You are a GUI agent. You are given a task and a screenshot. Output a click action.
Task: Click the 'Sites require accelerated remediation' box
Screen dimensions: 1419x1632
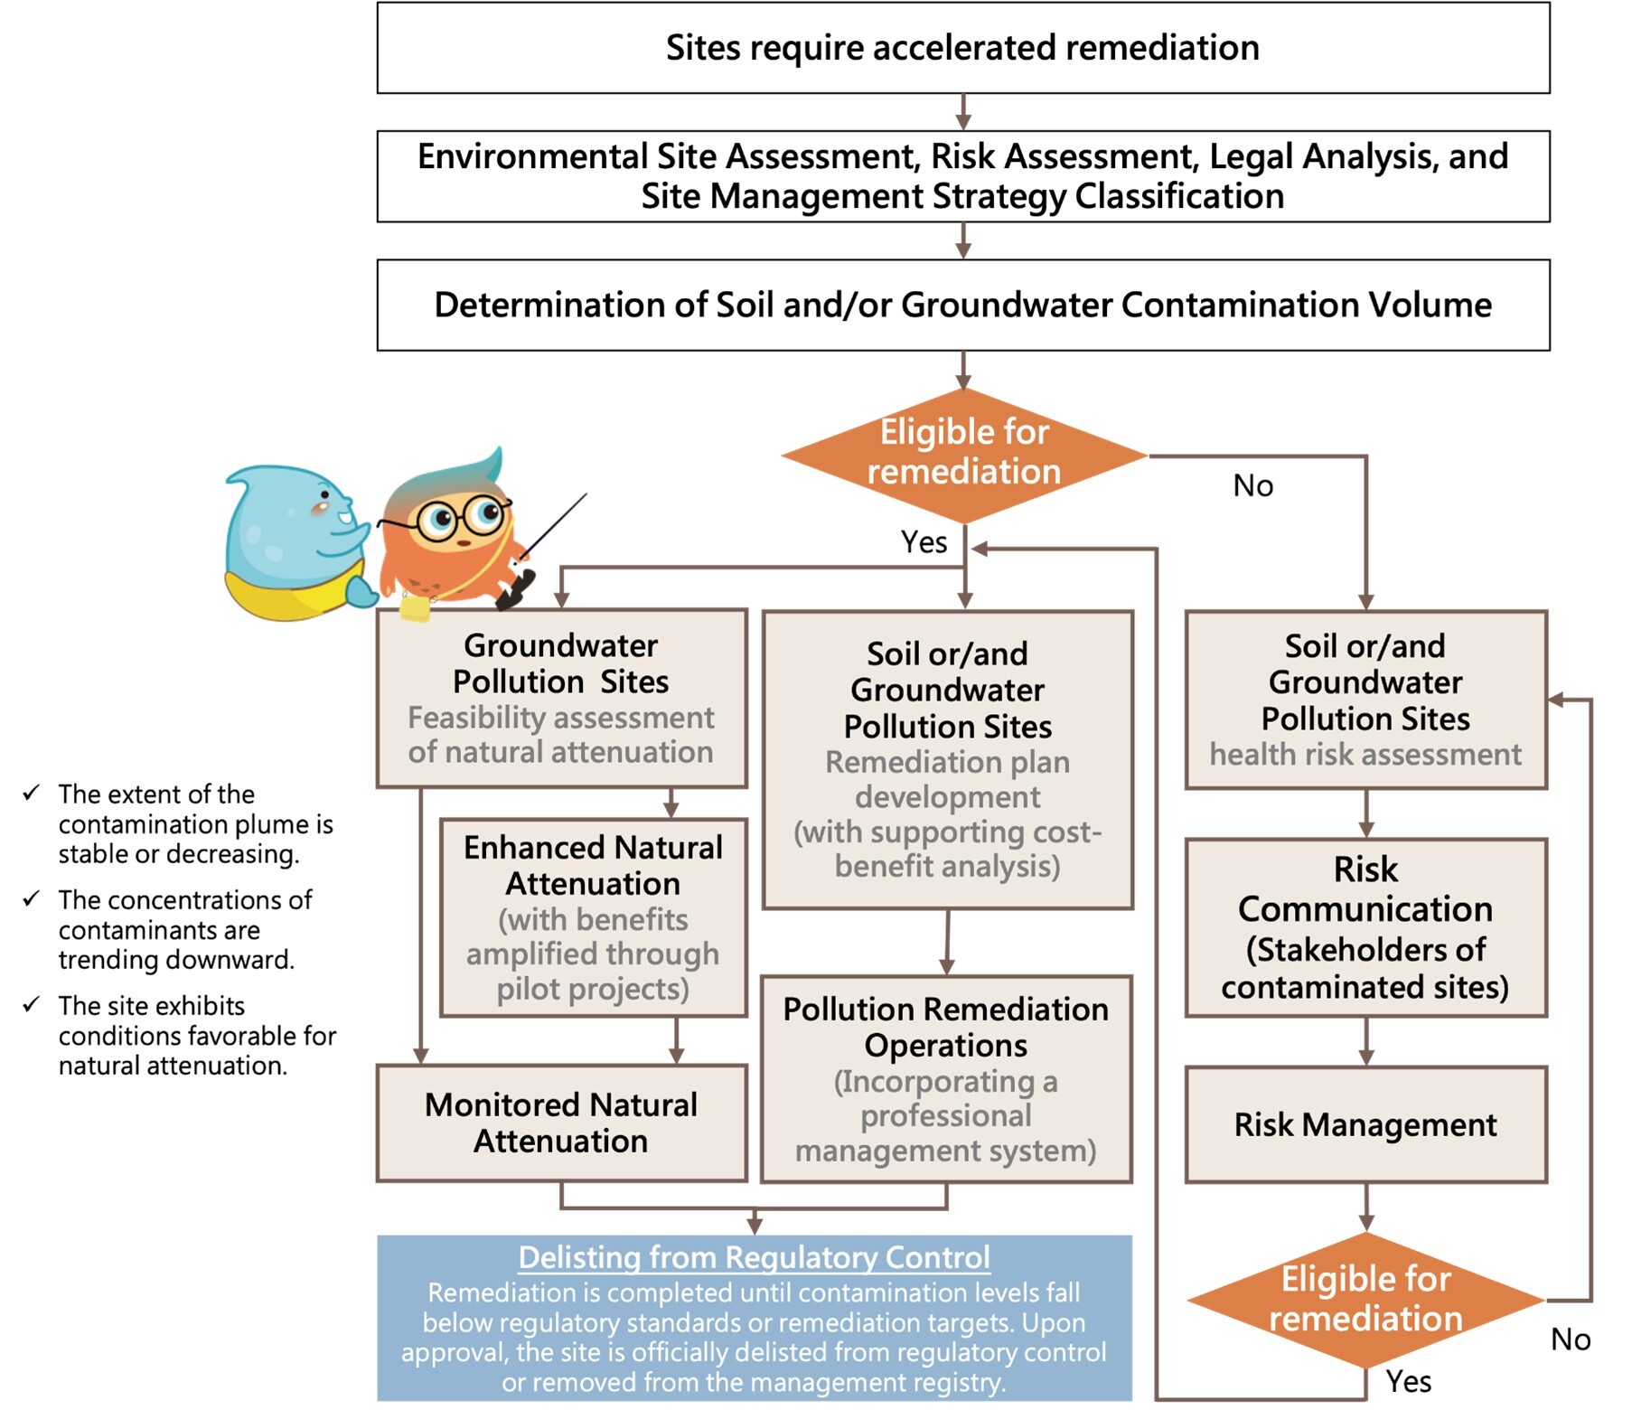pyautogui.click(x=962, y=48)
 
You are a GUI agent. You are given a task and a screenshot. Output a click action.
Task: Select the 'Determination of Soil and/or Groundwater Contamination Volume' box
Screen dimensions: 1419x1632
pyautogui.click(x=962, y=305)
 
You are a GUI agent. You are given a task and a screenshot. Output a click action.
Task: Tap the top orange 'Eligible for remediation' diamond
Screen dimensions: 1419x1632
pyautogui.click(x=963, y=455)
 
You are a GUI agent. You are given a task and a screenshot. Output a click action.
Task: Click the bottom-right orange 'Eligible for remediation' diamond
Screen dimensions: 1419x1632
pyautogui.click(x=1365, y=1299)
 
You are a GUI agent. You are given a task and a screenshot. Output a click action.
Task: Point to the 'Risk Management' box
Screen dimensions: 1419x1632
pyautogui.click(x=1365, y=1124)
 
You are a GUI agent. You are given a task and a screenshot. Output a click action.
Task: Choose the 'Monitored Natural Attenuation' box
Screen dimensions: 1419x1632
pyautogui.click(x=561, y=1123)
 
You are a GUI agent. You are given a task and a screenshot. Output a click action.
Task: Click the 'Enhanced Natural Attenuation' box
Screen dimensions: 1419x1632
pyautogui.click(x=593, y=917)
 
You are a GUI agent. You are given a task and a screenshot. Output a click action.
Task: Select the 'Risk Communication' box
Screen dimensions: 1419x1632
pyautogui.click(x=1365, y=927)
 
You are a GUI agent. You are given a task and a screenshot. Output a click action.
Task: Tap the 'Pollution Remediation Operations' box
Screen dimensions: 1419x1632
pyautogui.click(x=946, y=1078)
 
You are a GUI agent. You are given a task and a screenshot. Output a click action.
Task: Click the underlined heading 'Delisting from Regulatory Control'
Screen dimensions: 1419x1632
pyautogui.click(x=754, y=1257)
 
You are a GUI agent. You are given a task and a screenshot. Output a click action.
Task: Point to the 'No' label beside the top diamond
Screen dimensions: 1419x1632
pyautogui.click(x=1253, y=486)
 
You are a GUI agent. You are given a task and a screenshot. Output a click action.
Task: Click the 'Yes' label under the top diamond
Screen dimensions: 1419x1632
pyautogui.click(x=924, y=542)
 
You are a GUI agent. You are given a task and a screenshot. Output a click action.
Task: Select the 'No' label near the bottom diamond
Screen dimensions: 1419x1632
pyautogui.click(x=1571, y=1339)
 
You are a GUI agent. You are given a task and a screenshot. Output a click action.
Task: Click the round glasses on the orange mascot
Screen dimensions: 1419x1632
pyautogui.click(x=464, y=517)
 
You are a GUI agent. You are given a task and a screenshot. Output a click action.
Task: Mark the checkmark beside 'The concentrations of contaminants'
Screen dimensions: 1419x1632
pyautogui.click(x=33, y=898)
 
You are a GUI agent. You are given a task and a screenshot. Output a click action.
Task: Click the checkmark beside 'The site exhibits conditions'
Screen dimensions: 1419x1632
pyautogui.click(x=33, y=1004)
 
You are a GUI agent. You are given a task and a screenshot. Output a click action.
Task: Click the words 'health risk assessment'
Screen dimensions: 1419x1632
pyautogui.click(x=1365, y=754)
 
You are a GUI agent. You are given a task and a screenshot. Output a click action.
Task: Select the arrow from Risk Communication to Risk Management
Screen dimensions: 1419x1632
pyautogui.click(x=1366, y=1042)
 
